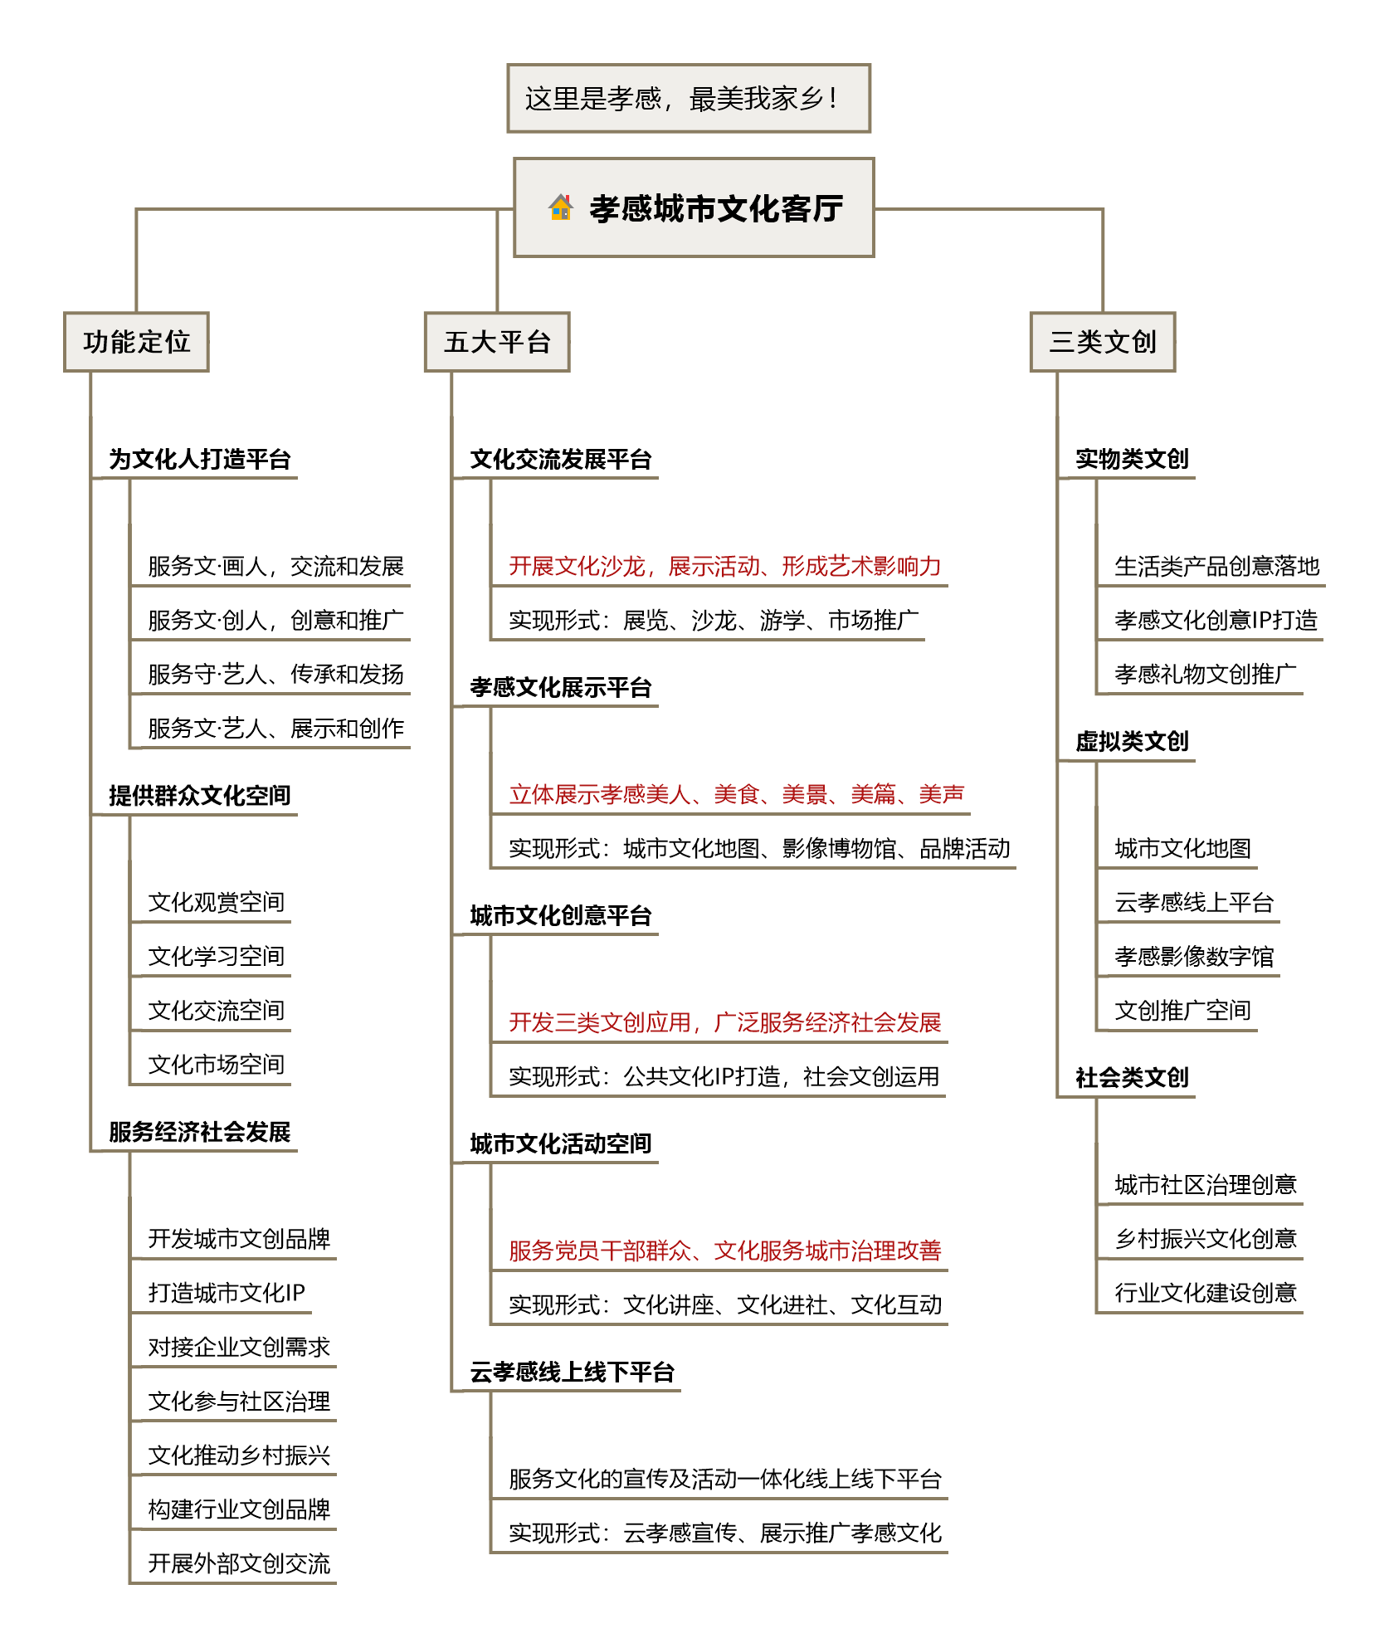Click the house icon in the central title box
561,207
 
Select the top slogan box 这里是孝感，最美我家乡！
689,98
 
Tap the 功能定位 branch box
136,342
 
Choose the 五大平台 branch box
497,342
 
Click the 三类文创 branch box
1103,342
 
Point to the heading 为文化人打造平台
200,459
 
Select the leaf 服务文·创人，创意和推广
275,620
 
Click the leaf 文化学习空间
217,956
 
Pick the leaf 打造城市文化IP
227,1292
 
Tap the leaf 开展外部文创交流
239,1563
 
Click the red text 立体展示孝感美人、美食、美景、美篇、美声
736,794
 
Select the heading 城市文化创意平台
561,915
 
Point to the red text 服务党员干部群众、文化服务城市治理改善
725,1251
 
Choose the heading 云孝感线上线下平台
573,1372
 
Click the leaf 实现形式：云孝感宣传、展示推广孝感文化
725,1533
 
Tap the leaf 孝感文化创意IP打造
1216,620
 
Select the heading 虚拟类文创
1132,741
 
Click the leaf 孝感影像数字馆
1194,956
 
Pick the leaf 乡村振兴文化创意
1206,1238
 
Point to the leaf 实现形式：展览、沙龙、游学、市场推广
714,620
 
